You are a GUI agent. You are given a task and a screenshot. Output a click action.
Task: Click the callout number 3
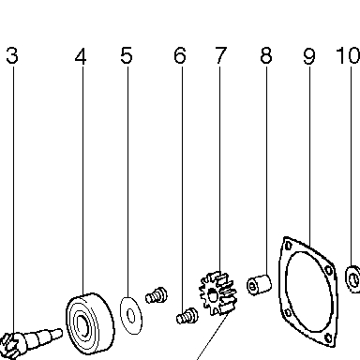(12, 55)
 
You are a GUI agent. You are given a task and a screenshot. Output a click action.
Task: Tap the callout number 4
(81, 56)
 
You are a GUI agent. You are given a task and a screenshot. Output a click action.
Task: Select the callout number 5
(127, 55)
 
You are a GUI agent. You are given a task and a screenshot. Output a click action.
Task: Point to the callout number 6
(180, 55)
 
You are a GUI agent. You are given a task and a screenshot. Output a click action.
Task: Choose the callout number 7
(221, 55)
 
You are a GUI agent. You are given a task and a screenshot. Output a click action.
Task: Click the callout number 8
(266, 55)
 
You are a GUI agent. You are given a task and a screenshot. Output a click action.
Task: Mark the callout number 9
(309, 56)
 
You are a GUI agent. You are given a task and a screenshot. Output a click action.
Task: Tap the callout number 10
(348, 55)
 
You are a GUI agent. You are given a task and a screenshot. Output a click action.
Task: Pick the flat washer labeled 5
(131, 316)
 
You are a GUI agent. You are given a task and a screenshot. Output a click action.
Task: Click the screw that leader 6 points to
(187, 316)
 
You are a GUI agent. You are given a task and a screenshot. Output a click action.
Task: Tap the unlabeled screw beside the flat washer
(157, 295)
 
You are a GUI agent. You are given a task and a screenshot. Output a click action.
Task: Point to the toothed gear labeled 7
(218, 293)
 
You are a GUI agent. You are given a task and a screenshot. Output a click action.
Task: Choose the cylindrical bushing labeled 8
(259, 284)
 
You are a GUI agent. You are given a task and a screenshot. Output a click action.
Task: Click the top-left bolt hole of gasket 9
(288, 246)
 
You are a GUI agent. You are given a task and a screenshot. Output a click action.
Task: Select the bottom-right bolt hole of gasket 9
(328, 337)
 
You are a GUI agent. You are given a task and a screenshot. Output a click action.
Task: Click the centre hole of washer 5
(131, 316)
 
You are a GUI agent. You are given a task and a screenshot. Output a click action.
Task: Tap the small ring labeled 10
(353, 279)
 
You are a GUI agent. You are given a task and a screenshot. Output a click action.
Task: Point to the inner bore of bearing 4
(82, 326)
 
